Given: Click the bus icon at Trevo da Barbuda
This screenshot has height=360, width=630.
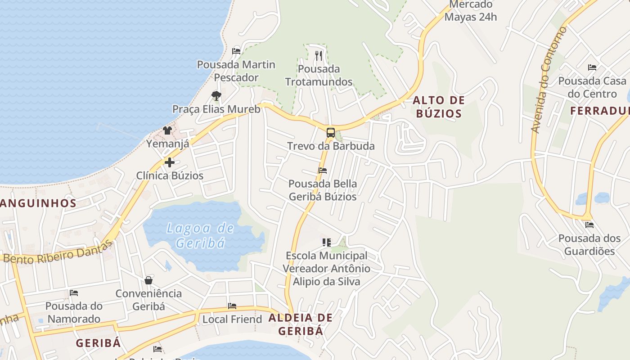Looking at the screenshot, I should [331, 133].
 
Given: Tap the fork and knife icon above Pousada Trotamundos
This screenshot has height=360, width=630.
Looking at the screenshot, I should [319, 56].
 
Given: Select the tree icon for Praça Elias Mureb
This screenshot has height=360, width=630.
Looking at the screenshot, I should [216, 96].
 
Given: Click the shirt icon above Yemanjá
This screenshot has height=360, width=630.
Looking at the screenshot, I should [167, 130].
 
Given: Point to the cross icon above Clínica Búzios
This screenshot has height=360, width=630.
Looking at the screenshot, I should [170, 162].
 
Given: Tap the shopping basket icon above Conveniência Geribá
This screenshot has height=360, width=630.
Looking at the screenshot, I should [148, 280].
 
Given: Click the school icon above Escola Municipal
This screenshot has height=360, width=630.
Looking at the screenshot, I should [327, 243].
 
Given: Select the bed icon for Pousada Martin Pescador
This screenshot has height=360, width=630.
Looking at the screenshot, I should [236, 51].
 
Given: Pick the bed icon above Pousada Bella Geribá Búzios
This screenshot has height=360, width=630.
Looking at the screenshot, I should [323, 171].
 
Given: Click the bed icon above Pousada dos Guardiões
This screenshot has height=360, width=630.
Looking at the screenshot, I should [589, 225].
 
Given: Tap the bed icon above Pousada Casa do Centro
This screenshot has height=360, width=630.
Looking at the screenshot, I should [592, 68].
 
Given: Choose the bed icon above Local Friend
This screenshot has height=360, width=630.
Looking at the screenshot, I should [232, 306].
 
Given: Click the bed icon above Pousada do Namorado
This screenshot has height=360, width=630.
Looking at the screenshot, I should [74, 293].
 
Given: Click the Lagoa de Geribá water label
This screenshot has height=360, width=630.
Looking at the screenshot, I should [200, 235].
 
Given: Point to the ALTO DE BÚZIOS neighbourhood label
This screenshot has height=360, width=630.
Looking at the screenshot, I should [439, 107].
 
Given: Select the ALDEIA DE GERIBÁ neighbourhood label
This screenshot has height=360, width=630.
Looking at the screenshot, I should [301, 324].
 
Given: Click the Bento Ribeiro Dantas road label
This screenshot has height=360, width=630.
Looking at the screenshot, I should [57, 252].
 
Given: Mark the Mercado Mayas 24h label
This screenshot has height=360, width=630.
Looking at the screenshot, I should [471, 11].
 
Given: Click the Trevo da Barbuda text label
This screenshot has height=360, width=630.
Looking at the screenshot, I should [331, 146].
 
